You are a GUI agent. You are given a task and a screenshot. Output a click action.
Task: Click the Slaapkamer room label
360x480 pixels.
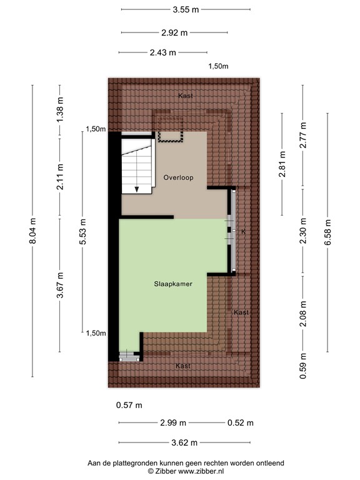coord(173,284)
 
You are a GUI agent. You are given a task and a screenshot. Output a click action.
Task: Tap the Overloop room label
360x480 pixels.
coord(178,177)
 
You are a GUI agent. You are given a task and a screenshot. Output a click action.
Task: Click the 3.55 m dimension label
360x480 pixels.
coord(186,9)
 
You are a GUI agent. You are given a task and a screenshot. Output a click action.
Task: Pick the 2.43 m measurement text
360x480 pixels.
coord(162,52)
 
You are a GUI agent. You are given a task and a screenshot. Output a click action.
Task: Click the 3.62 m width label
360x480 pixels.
coord(185,442)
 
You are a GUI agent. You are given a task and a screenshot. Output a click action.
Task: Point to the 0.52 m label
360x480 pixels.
coord(241,423)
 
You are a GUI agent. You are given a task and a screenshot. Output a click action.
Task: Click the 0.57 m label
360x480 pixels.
coord(129,405)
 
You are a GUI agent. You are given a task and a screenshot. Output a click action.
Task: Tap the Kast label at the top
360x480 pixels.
coord(185,96)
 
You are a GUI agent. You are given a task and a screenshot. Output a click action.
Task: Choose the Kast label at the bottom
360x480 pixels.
coord(182,366)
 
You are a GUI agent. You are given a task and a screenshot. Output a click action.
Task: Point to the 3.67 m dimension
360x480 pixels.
coord(60,284)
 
